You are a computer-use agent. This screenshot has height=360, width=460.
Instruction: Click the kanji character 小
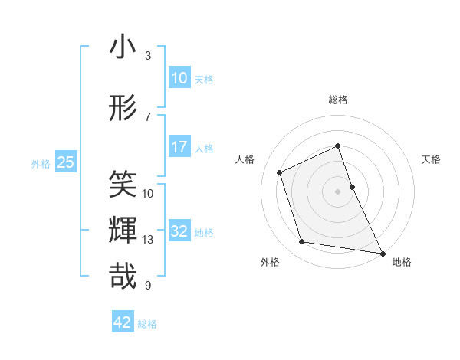point(123,47)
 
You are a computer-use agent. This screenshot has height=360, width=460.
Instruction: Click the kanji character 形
point(123,108)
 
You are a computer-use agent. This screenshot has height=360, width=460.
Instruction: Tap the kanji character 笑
point(123,184)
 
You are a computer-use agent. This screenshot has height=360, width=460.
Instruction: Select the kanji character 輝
point(123,231)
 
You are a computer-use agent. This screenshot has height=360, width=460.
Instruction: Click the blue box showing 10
point(179,77)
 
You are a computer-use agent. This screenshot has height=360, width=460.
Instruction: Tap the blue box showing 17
point(179,146)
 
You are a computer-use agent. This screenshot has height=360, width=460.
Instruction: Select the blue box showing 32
point(179,231)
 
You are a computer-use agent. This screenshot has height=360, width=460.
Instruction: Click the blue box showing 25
point(65,162)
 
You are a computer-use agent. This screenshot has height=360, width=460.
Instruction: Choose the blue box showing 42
point(123,322)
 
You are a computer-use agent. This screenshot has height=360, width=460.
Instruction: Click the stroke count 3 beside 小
point(148,56)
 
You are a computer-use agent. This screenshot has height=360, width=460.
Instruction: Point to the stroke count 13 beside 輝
point(148,240)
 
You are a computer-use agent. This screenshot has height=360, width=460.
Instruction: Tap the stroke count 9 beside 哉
point(148,286)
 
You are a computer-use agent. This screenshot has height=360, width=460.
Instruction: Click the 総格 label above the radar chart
point(338,100)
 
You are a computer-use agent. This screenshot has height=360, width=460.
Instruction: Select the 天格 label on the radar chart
point(431,159)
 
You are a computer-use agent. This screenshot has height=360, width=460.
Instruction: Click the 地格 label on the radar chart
point(402,263)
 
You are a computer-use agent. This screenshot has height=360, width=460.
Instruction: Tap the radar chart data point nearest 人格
point(280,172)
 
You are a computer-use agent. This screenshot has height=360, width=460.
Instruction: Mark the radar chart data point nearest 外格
point(302,242)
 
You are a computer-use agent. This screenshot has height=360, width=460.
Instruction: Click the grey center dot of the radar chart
point(338,191)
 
